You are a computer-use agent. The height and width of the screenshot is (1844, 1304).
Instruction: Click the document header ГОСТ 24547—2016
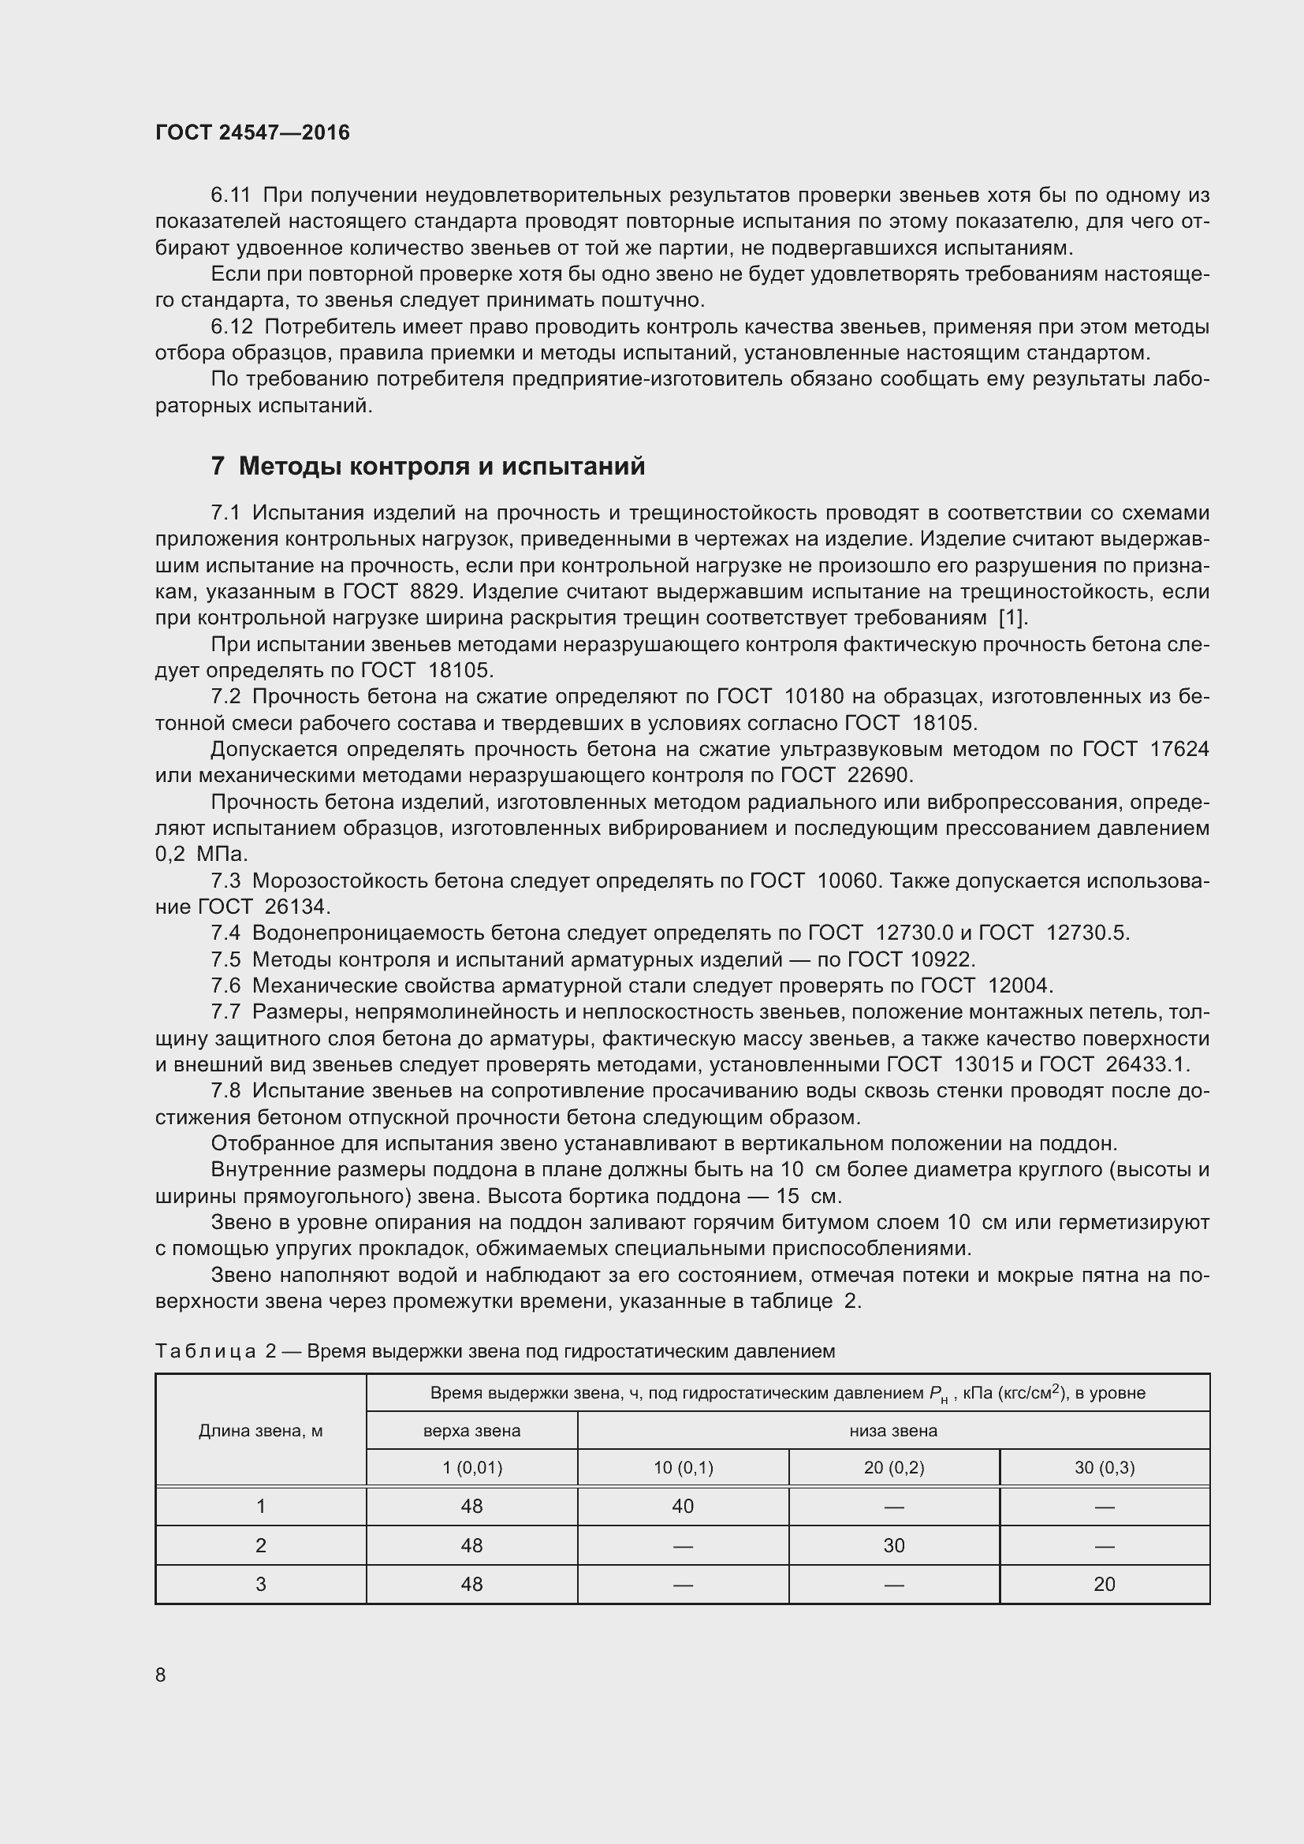pos(252,132)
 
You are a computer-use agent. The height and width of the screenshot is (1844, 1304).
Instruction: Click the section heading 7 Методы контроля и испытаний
pos(427,466)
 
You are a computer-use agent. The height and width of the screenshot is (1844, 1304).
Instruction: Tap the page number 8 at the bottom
pos(161,1675)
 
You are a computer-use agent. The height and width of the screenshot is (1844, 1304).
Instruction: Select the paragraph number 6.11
pos(230,196)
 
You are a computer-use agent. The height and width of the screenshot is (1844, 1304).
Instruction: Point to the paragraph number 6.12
pos(231,327)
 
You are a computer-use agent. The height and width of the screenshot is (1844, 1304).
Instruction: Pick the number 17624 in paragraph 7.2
pos(1179,748)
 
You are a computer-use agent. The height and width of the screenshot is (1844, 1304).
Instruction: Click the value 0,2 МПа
pos(202,854)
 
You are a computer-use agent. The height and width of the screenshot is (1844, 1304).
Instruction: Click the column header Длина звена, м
pos(260,1430)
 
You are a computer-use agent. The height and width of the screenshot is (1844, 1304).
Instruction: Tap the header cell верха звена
pos(471,1430)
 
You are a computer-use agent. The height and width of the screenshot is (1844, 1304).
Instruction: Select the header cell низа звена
pos(893,1430)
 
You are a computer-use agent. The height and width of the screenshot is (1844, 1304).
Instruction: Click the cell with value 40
pos(683,1506)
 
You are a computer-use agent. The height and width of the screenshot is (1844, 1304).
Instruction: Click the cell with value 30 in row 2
pos(894,1545)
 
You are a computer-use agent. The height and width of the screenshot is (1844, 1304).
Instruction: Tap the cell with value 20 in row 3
pos(1104,1584)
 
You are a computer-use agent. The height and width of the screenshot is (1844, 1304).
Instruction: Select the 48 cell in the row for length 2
pos(471,1545)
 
